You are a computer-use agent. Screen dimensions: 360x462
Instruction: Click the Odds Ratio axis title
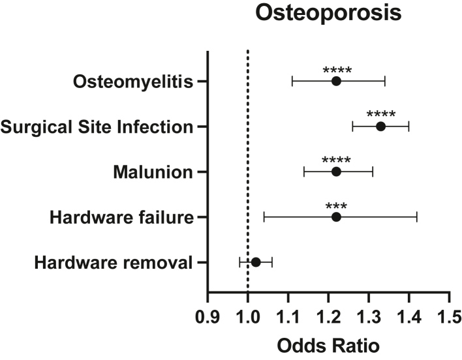point(328,344)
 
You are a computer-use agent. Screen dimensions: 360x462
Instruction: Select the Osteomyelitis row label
point(134,82)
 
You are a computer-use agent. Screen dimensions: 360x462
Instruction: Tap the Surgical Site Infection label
point(97,127)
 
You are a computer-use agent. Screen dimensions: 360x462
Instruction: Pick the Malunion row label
point(153,172)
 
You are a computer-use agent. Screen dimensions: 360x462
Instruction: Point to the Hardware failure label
point(122,217)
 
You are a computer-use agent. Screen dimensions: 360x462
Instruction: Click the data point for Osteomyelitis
point(336,81)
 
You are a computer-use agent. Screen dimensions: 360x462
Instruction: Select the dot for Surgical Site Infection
point(380,126)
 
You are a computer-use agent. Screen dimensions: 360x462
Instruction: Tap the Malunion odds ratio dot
point(336,172)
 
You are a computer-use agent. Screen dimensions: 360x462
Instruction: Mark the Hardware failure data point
point(336,217)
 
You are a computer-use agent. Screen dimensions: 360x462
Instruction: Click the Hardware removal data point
point(256,262)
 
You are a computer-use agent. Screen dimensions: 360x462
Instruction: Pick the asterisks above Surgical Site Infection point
point(380,115)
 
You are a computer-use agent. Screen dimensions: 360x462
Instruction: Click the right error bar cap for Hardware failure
point(416,217)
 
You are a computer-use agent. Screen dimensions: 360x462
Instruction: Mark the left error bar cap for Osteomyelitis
point(292,81)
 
